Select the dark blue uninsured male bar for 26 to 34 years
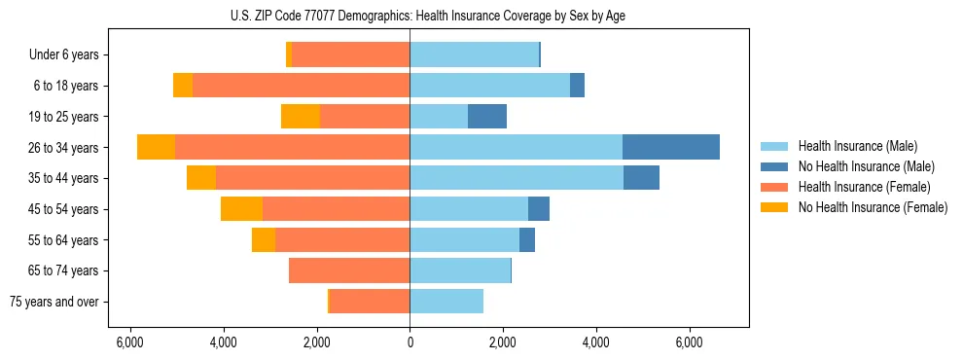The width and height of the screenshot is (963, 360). coord(671,147)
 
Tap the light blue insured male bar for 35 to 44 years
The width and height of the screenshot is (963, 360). coord(517,178)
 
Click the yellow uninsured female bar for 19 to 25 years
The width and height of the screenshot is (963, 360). coord(301,117)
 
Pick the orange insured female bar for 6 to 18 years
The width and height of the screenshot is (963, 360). coord(301,86)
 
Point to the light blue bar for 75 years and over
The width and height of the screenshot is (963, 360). coord(446,302)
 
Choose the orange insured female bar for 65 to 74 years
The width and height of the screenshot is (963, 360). coord(349,270)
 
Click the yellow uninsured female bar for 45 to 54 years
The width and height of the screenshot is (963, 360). coord(241,209)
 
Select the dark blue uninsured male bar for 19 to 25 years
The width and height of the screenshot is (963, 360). coord(487,117)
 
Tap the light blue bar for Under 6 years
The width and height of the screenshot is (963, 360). coord(474,54)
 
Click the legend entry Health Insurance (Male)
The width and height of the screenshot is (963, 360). coord(857,146)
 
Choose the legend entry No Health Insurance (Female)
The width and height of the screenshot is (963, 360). coord(872,207)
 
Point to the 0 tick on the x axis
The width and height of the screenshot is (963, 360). coord(410,343)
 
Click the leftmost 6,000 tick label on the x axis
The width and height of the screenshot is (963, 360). coord(129,343)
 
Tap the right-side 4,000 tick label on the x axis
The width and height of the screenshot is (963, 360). coord(596,343)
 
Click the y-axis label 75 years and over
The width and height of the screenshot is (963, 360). coord(54,302)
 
